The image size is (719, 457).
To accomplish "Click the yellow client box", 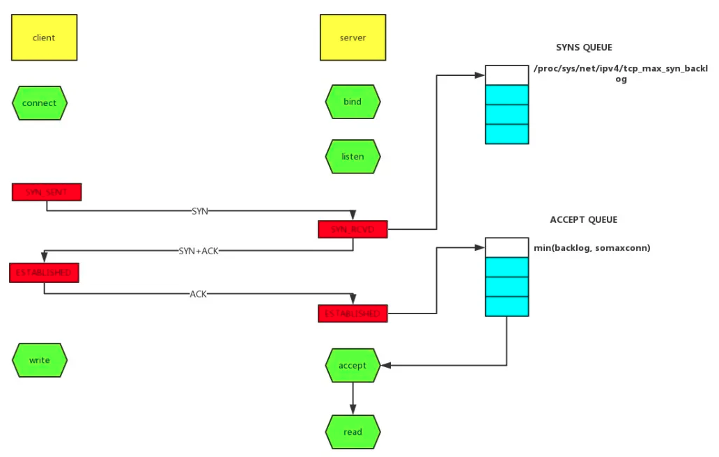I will tap(44, 38).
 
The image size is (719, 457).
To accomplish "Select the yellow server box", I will tap(353, 38).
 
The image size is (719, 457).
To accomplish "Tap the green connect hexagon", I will tap(40, 102).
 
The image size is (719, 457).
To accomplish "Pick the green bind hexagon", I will tap(353, 102).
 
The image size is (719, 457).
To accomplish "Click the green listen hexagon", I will tap(353, 156).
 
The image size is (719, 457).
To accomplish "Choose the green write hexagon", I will tap(40, 360).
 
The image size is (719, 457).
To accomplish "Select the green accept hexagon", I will tap(353, 365).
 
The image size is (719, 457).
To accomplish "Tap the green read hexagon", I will tap(353, 432).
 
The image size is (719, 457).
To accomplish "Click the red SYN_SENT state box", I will tap(47, 192).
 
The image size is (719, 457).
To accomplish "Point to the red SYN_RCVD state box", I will tap(353, 229).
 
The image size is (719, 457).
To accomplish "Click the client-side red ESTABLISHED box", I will tap(44, 272).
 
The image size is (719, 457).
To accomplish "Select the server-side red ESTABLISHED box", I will tap(353, 313).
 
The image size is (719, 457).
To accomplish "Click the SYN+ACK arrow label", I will tap(198, 251).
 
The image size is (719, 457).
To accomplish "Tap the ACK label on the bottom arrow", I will tap(199, 294).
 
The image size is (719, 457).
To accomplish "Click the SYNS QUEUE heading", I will tap(584, 47).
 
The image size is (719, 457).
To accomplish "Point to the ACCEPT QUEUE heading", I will tap(584, 219).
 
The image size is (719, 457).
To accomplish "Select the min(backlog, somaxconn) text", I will tap(592, 247).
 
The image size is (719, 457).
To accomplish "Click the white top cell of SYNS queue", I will tap(507, 75).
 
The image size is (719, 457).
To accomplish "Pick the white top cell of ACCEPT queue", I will tap(507, 247).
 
